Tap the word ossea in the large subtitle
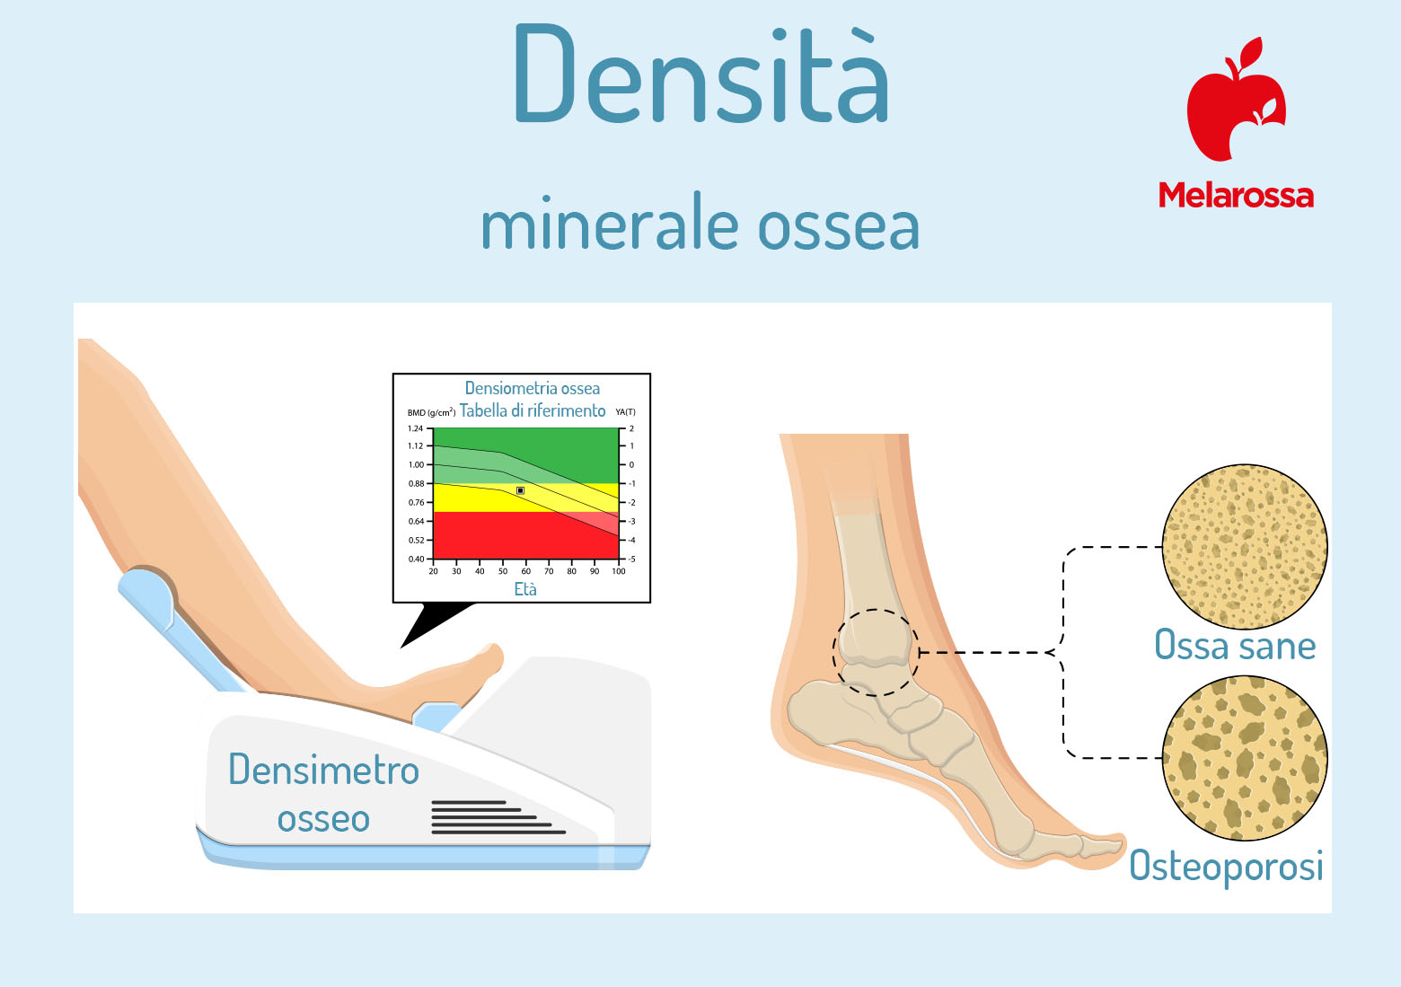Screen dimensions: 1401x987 point(838,226)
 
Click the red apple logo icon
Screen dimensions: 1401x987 point(1236,99)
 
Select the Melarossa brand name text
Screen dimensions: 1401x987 point(1236,195)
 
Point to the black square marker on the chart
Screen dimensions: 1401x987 point(520,491)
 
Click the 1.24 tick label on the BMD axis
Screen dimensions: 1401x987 point(415,428)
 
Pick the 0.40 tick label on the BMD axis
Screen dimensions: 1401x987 point(416,560)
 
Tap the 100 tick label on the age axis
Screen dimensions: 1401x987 point(619,571)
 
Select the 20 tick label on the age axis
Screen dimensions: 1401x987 point(434,571)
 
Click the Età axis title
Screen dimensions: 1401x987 point(525,589)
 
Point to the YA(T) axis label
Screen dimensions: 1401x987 point(625,412)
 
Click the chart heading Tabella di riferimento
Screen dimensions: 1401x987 point(533,411)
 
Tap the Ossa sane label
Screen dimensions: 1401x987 point(1235,646)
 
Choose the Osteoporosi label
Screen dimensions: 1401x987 point(1227,867)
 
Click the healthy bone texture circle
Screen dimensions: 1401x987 point(1245,547)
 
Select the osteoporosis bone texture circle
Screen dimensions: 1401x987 point(1245,758)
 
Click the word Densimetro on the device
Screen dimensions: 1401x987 point(323,770)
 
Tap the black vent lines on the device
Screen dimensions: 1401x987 point(498,817)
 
